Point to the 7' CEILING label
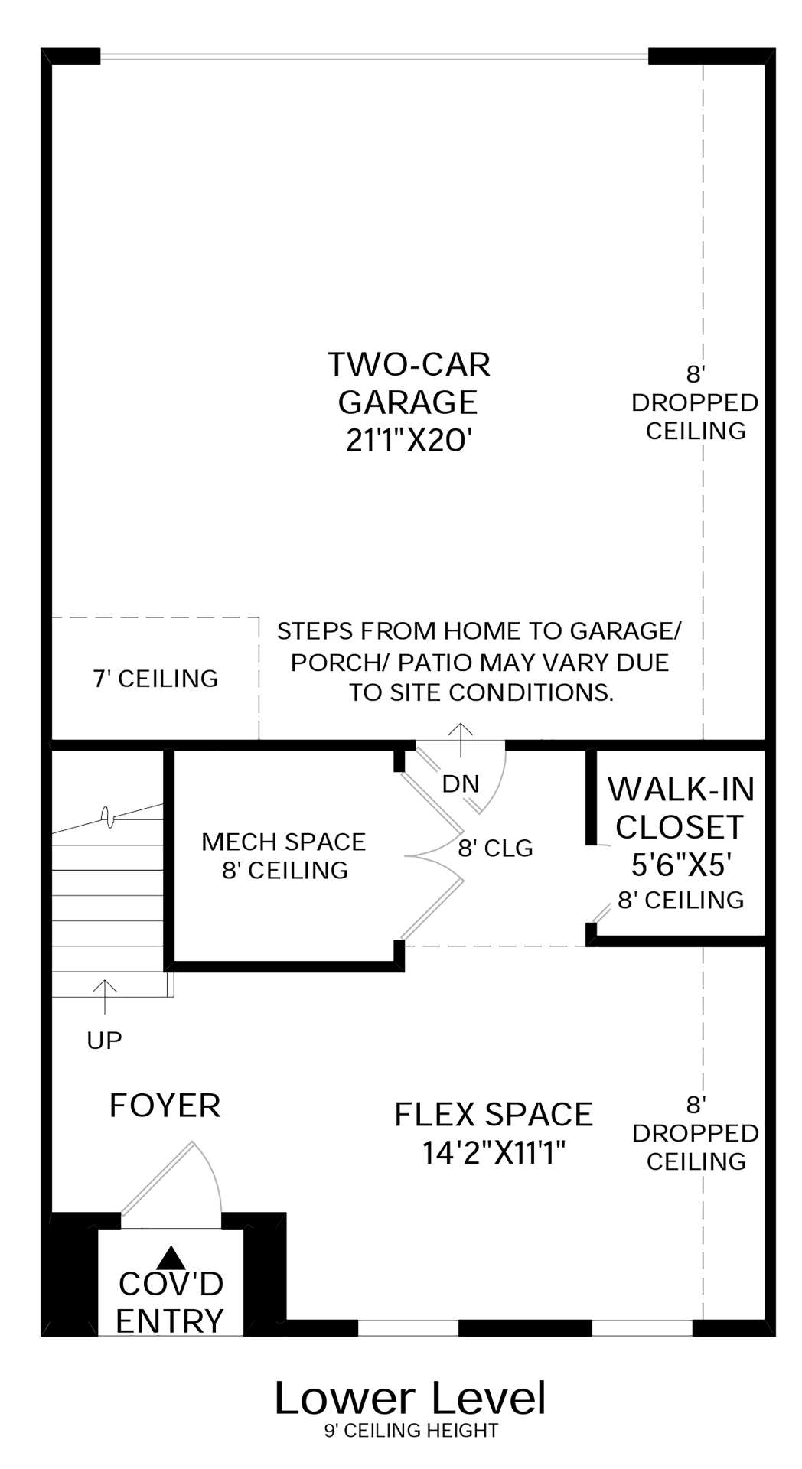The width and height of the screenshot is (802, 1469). (x=156, y=679)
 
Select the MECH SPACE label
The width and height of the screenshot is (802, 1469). (x=284, y=842)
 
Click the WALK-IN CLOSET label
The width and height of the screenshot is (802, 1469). (x=681, y=808)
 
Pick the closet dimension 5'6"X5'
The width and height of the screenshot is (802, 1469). (x=682, y=865)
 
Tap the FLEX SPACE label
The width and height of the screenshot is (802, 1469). (x=494, y=1114)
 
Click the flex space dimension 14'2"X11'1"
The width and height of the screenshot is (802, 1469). (x=494, y=1152)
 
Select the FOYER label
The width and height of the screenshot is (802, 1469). (x=165, y=1106)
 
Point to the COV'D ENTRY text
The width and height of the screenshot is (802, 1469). (x=171, y=1302)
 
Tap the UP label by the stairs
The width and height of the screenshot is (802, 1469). (x=104, y=1041)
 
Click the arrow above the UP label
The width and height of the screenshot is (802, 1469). (x=104, y=997)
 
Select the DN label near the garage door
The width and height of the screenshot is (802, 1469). (x=461, y=783)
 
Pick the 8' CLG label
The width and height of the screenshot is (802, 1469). (x=496, y=848)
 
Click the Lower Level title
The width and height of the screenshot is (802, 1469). (x=410, y=1398)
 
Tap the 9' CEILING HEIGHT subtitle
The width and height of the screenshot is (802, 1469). (x=411, y=1430)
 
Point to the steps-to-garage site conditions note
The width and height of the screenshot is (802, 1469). (x=480, y=662)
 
